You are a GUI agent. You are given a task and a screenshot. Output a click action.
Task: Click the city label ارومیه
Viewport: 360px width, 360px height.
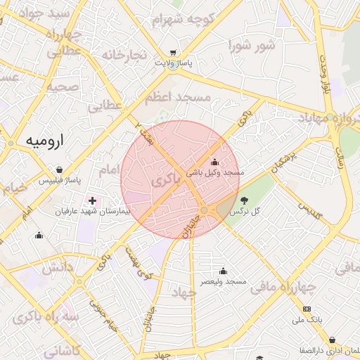[x=44, y=140]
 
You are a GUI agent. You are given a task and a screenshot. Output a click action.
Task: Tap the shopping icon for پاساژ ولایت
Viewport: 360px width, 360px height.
[x=173, y=53]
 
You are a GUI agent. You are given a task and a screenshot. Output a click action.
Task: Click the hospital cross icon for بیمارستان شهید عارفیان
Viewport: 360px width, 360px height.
[x=92, y=200]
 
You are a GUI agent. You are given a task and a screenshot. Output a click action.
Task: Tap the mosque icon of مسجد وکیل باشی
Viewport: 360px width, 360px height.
[x=214, y=163]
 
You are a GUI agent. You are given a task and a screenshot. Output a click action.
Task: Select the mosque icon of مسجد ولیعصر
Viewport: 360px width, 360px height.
[x=223, y=271]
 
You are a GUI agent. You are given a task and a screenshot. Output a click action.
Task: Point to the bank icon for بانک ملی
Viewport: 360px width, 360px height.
[x=307, y=309]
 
